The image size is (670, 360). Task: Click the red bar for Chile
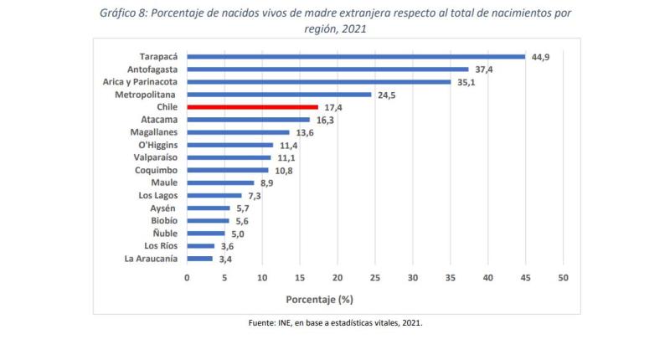coord(252,107)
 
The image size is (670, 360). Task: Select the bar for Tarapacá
coord(356,57)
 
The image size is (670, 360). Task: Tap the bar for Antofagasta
coord(327,69)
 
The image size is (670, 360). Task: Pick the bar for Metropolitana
coord(279,95)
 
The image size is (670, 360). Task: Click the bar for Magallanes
coord(238,132)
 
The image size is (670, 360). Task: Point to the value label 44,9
coord(540,57)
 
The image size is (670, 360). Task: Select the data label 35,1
coord(466,82)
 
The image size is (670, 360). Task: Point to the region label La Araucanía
coord(150,259)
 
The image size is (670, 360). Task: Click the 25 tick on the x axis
coord(375,277)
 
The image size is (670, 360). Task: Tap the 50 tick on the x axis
coord(563,277)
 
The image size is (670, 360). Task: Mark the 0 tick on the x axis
coord(187,277)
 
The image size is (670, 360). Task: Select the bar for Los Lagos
coord(214,195)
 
